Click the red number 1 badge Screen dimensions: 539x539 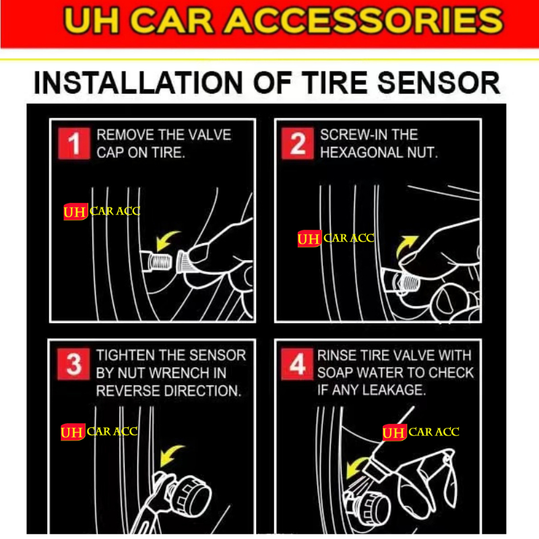coord(74,144)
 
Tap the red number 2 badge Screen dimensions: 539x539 coord(297,144)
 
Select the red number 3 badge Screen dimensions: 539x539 coord(73,364)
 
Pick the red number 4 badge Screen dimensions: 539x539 coord(297,364)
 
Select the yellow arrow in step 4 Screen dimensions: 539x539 coord(357,467)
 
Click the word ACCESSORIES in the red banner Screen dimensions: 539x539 coord(364,21)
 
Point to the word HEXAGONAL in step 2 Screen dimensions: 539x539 coord(361,153)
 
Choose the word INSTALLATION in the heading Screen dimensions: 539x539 coord(138,83)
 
